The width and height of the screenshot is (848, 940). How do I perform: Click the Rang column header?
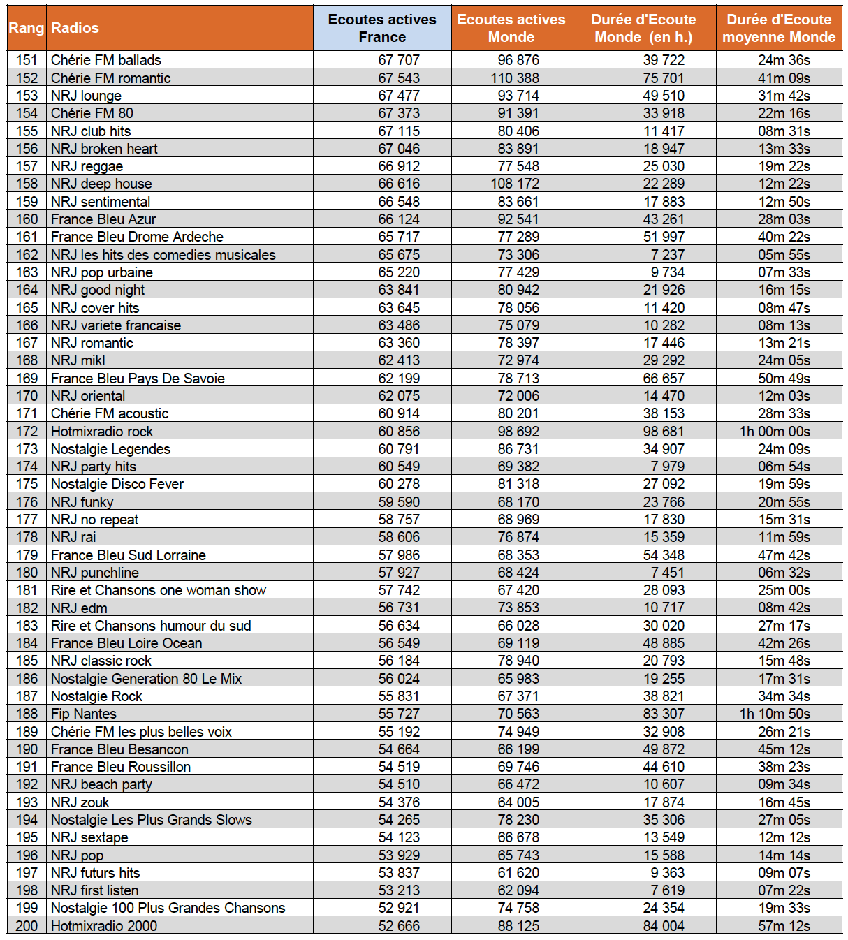click(27, 28)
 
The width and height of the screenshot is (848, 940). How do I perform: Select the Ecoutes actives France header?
click(382, 28)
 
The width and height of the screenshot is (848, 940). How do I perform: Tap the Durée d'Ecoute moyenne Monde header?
click(779, 28)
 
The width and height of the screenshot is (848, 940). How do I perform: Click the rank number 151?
click(27, 60)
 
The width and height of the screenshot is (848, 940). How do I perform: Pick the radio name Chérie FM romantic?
click(110, 78)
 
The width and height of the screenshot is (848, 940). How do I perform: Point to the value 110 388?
click(515, 78)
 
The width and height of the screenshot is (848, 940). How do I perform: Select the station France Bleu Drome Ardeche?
click(137, 237)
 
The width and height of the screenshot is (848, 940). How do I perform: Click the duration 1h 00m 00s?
click(775, 432)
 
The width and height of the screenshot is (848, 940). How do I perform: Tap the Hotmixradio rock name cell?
click(102, 432)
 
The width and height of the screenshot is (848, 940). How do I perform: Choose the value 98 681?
click(664, 432)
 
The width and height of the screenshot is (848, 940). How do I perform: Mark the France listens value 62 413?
click(399, 360)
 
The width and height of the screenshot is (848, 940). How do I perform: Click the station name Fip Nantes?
click(84, 714)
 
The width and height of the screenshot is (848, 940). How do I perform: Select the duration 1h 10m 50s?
click(775, 714)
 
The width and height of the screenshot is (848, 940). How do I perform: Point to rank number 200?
click(27, 926)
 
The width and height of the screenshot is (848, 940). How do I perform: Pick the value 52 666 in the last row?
click(399, 926)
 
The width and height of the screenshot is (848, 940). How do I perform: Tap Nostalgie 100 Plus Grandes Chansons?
click(168, 908)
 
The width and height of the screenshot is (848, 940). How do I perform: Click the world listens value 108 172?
click(515, 184)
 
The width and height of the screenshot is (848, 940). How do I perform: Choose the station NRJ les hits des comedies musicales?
click(163, 255)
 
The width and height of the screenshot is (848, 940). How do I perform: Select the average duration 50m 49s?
click(784, 379)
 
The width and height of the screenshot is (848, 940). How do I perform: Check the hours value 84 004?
click(664, 926)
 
